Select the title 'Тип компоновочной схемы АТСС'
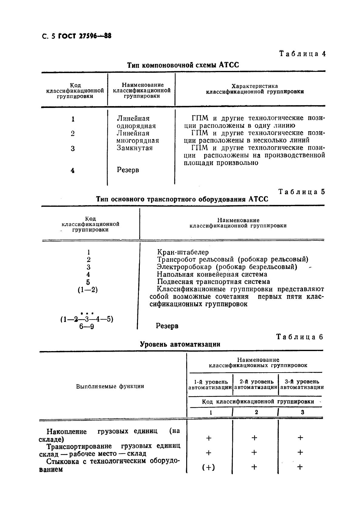(183, 65)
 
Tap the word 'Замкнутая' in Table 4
(135, 148)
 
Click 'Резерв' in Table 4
(128, 170)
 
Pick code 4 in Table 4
(73, 170)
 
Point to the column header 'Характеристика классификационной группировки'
(255, 89)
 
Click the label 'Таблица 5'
(301, 192)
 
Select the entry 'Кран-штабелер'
(183, 252)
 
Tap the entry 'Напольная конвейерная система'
(212, 274)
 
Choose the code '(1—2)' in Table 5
(88, 290)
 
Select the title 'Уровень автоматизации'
(180, 344)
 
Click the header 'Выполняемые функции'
(110, 387)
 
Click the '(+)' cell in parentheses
(209, 467)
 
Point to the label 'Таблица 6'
(300, 337)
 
